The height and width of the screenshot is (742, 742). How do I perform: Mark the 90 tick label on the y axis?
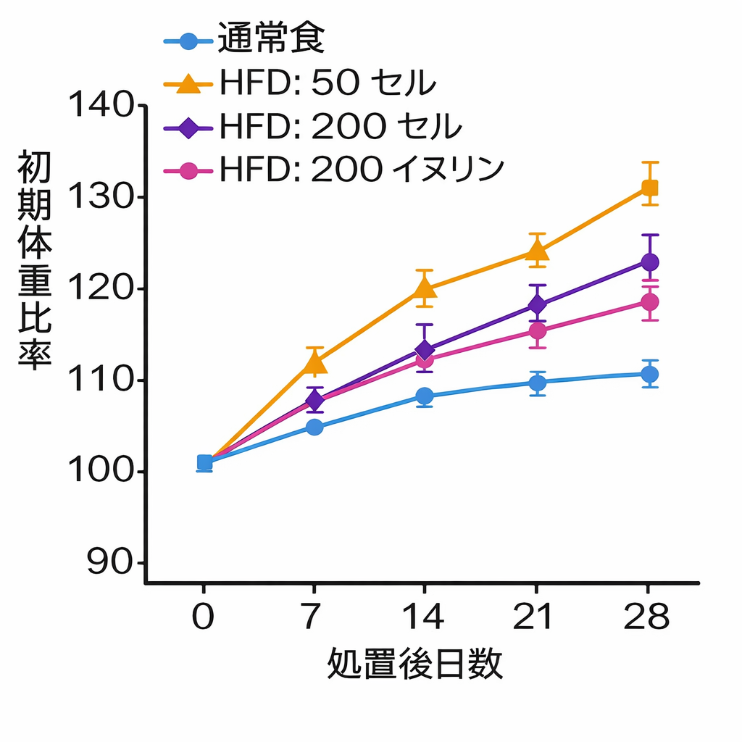pos(107,564)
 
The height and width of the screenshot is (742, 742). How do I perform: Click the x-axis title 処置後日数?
pos(415,664)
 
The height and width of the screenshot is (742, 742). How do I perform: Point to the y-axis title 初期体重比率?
pos(35,260)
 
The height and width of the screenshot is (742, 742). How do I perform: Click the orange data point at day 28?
pos(650,188)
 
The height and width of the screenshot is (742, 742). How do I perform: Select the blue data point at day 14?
pos(425,396)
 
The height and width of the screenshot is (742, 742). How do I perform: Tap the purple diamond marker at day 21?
pos(537,304)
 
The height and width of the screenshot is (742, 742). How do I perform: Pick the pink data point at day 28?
pos(650,301)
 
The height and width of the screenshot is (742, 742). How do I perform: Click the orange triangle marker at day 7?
pos(315,362)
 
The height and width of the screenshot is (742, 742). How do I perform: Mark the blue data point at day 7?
pos(314,427)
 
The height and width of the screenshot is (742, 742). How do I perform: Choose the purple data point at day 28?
pos(650,262)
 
